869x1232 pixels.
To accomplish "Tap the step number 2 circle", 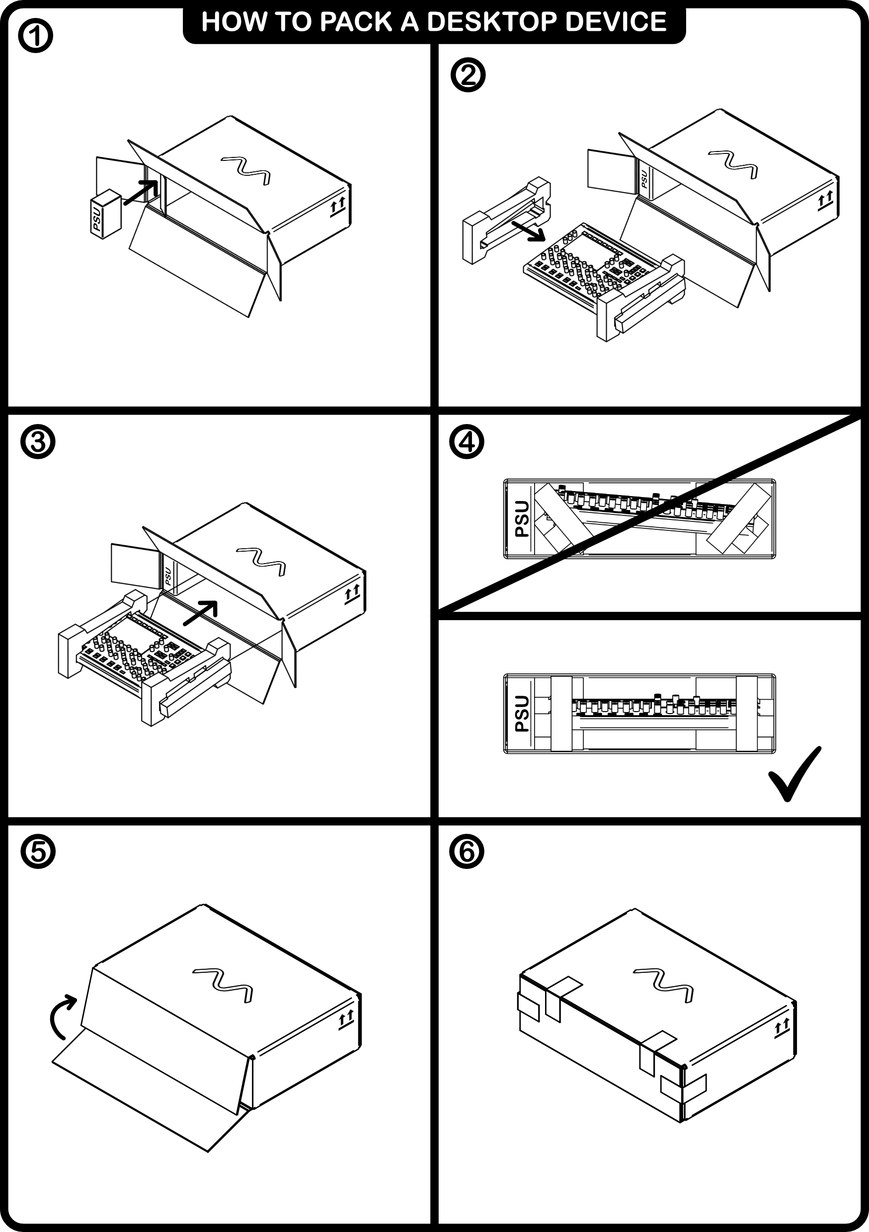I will point(468,75).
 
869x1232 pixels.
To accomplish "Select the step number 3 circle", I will point(38,442).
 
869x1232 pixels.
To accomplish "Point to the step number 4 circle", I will point(468,442).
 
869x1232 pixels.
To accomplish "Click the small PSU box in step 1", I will point(106,214).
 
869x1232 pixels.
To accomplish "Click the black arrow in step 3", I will point(201,613).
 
